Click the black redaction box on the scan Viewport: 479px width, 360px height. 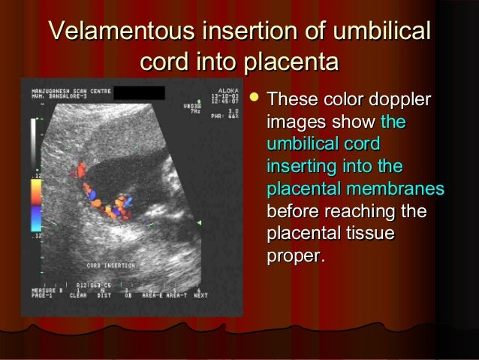click(141, 92)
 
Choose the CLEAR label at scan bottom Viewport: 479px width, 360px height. click(78, 296)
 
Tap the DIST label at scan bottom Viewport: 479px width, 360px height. click(104, 296)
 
